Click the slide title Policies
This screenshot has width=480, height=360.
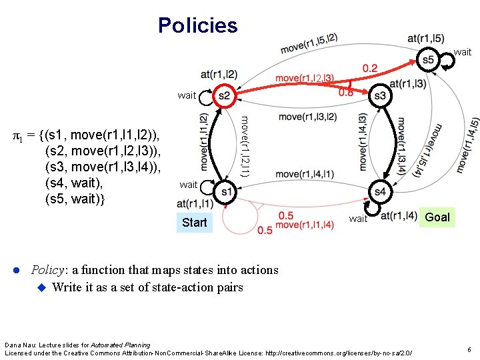click(x=197, y=25)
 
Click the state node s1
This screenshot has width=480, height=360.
click(x=226, y=192)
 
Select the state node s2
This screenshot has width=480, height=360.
click(x=224, y=96)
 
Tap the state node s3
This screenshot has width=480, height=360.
click(x=380, y=96)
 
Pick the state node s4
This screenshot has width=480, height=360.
click(x=380, y=192)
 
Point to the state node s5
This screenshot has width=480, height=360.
click(x=428, y=59)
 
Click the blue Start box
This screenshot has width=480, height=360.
click(x=194, y=222)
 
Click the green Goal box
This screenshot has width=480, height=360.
click(x=437, y=217)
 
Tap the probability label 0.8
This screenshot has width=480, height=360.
click(x=346, y=93)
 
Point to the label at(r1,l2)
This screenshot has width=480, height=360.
click(x=219, y=73)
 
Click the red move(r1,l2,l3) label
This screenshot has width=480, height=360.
click(x=305, y=79)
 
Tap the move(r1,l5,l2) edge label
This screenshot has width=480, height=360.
click(x=309, y=43)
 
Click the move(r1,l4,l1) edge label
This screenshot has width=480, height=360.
click(x=305, y=175)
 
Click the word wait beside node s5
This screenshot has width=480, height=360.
click(x=462, y=52)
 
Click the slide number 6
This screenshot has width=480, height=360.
click(x=469, y=349)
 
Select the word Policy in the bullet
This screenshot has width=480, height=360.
click(x=47, y=270)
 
